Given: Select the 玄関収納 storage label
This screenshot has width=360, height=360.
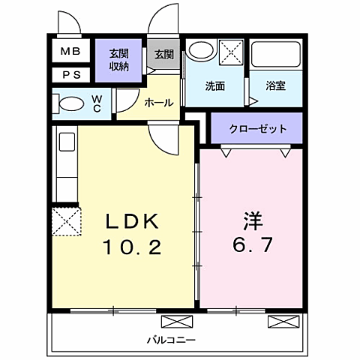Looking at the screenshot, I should [118, 60].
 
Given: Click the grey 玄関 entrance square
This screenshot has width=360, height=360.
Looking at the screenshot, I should [164, 55].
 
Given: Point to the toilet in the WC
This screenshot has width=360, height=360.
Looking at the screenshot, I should [72, 103].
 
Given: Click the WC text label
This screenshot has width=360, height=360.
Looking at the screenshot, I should [97, 103].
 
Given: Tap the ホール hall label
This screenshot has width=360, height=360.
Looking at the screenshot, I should [158, 103].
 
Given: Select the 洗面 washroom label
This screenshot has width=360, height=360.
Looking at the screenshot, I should [214, 85].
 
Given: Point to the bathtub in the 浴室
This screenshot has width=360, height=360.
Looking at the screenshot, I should [275, 55].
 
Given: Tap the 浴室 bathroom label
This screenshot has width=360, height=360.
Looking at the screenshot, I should [275, 85].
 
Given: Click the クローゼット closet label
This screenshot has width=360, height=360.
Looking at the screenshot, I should [256, 128].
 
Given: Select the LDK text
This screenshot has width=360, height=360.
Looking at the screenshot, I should [131, 221].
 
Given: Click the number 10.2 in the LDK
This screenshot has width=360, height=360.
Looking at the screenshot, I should [133, 247].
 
